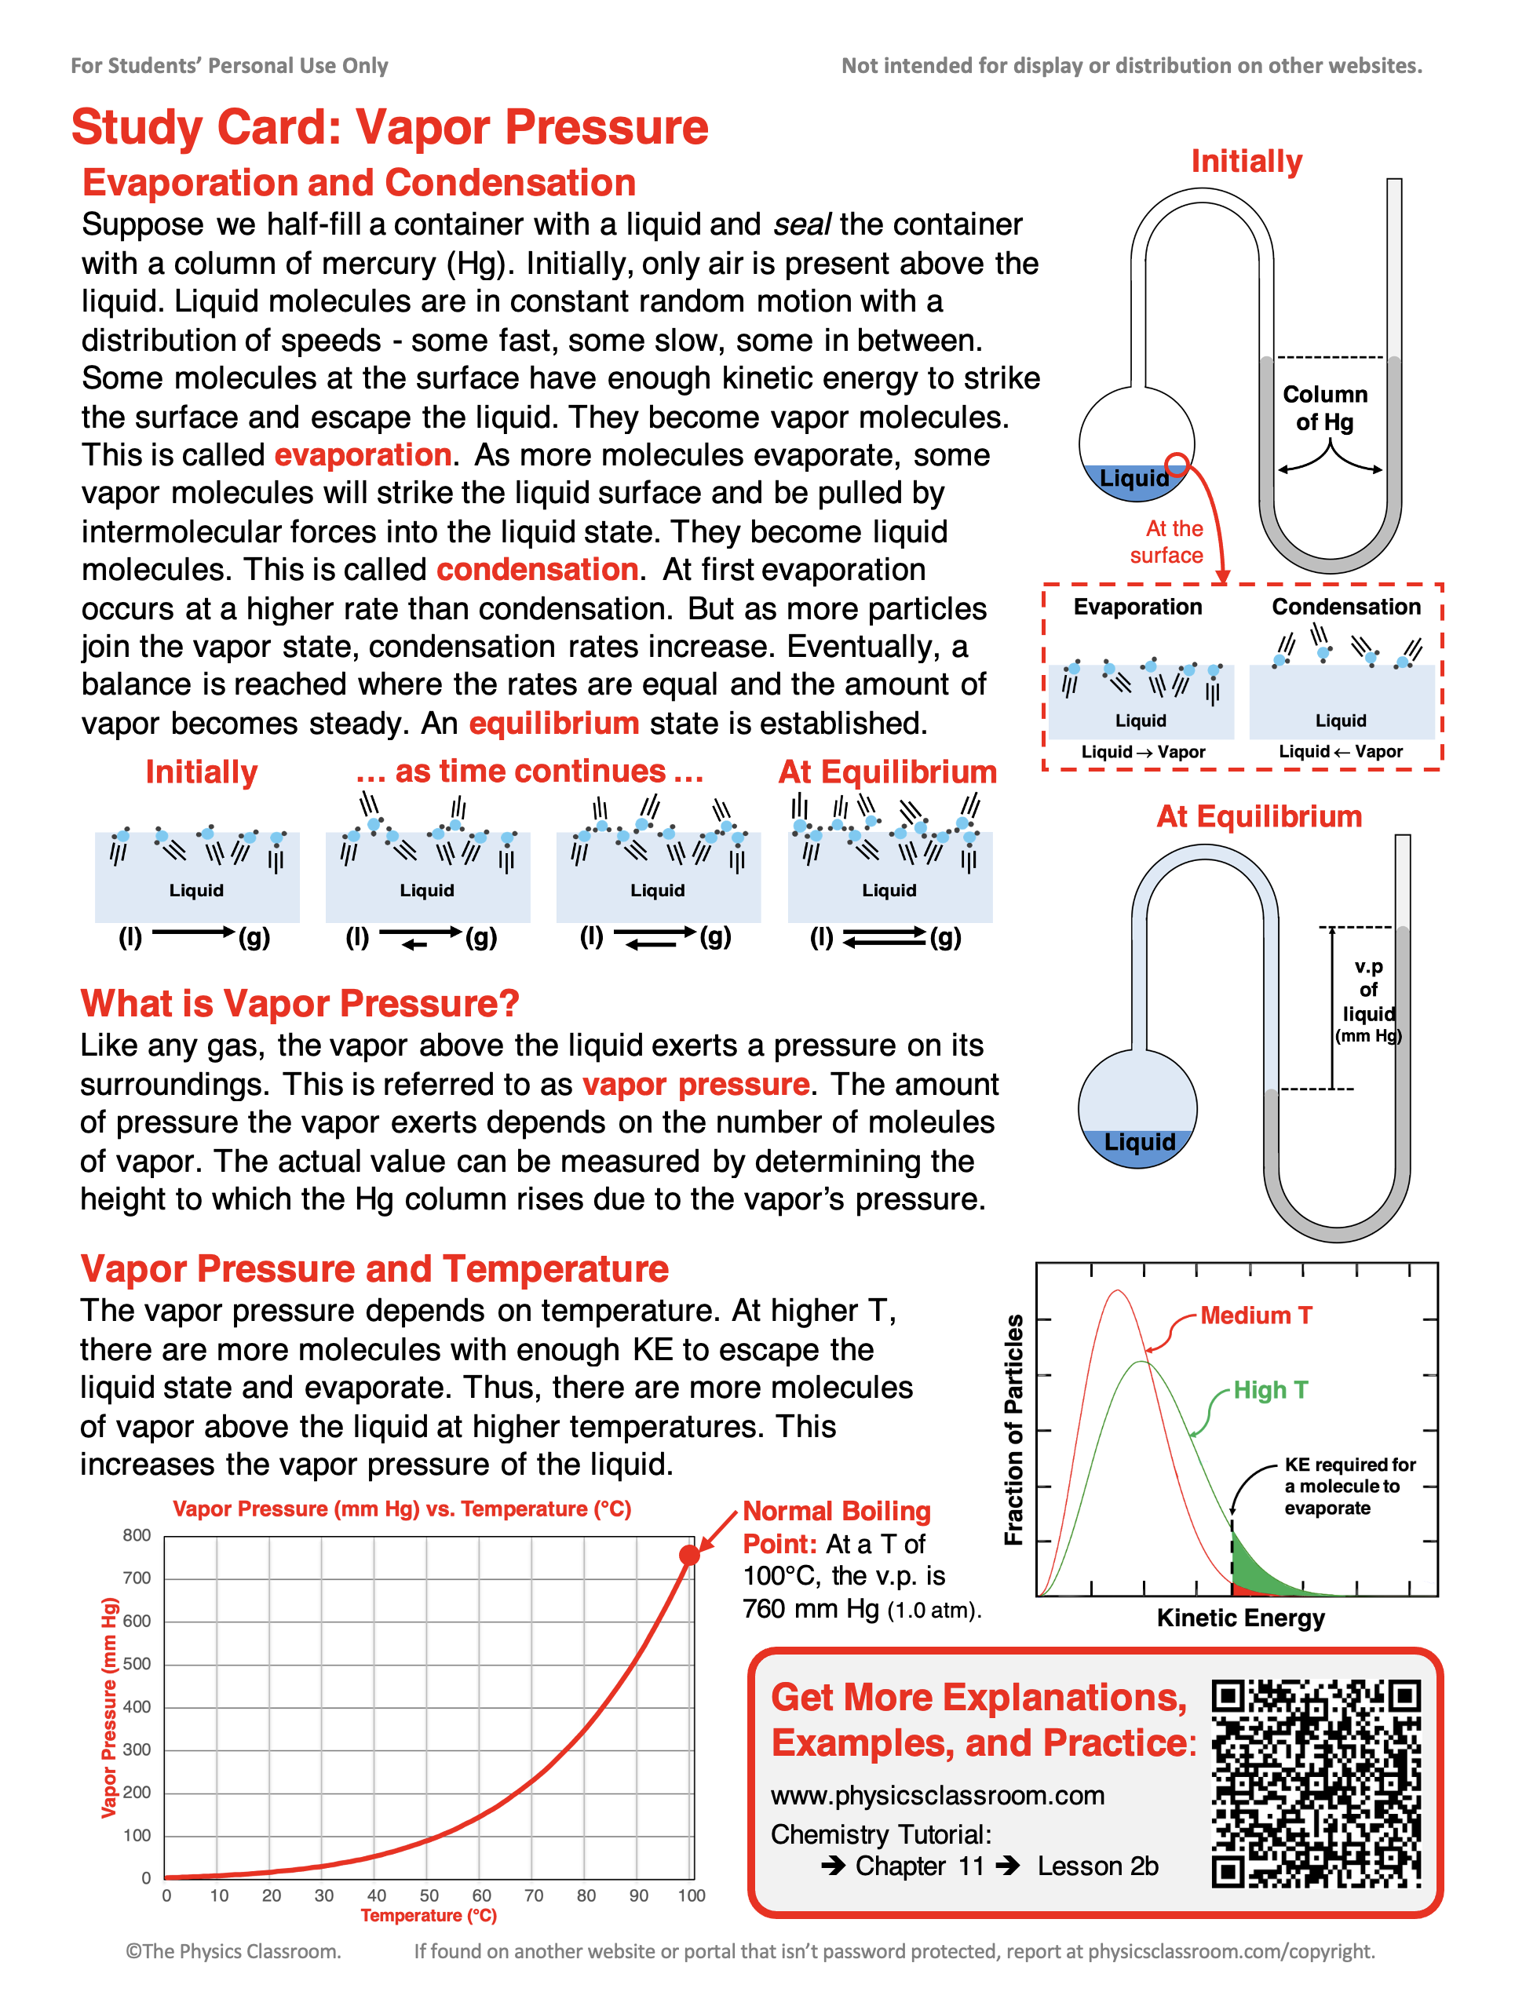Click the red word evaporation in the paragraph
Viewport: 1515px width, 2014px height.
(x=363, y=454)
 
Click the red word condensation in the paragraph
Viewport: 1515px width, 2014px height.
(x=537, y=569)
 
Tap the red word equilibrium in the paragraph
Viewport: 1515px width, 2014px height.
(x=553, y=723)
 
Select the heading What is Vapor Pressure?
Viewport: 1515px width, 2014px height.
(x=300, y=1003)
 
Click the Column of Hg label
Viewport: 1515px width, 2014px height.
(x=1325, y=408)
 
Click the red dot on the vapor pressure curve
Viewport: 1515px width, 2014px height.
(x=689, y=1555)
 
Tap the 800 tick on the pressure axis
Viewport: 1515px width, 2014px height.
(x=137, y=1535)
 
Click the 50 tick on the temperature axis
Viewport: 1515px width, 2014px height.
(x=429, y=1895)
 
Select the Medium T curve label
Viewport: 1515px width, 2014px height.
(x=1255, y=1315)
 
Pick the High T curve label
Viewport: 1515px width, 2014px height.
(x=1270, y=1390)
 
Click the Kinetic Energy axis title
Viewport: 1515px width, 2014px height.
(x=1240, y=1618)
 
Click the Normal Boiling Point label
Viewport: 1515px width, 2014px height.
(x=836, y=1527)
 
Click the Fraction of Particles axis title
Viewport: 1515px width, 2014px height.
(x=1013, y=1429)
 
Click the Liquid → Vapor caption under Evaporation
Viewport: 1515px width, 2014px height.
(x=1143, y=752)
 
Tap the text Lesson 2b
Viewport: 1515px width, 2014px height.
(x=1097, y=1866)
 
